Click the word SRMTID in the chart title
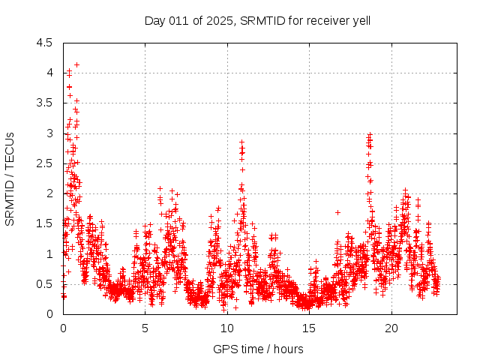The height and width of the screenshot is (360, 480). (x=265, y=20)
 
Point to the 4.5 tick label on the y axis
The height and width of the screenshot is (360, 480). (x=45, y=43)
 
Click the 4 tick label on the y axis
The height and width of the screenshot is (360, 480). (x=49, y=73)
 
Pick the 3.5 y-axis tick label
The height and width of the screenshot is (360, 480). (x=45, y=103)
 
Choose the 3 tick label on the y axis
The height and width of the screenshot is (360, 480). (x=49, y=133)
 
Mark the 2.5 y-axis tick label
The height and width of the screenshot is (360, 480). (x=45, y=163)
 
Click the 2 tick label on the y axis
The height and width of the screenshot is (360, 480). (x=49, y=193)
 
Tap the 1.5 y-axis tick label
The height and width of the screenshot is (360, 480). (x=45, y=223)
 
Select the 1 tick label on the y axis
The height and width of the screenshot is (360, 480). (x=49, y=253)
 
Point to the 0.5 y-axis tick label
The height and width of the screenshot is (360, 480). (x=45, y=283)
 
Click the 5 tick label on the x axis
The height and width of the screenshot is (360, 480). (x=145, y=328)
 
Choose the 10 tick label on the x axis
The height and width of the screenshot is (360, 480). (x=227, y=328)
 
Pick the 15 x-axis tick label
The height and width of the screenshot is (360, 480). (x=310, y=328)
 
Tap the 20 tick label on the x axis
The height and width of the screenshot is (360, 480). (x=391, y=328)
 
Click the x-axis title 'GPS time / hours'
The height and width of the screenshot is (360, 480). (x=258, y=349)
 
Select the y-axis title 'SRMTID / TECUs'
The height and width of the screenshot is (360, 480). (x=10, y=178)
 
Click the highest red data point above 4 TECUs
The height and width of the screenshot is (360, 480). (x=76, y=64)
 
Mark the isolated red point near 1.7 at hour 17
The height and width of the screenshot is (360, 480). (x=337, y=212)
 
